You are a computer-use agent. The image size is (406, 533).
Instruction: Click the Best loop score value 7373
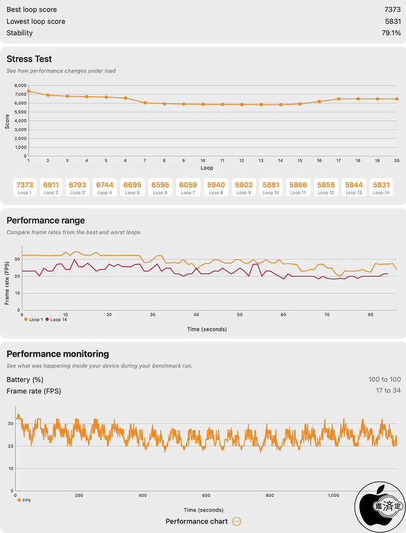(391, 10)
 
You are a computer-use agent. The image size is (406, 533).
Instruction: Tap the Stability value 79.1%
(391, 33)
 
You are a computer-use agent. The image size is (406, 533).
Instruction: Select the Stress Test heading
(29, 60)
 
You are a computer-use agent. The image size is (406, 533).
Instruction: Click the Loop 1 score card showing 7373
(25, 187)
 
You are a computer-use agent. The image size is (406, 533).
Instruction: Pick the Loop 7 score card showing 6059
(188, 187)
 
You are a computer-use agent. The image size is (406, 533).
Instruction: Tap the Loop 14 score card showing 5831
(381, 187)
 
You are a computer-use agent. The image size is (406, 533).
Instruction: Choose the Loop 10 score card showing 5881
(271, 187)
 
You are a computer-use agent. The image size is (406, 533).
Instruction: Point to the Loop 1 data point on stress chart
(29, 91)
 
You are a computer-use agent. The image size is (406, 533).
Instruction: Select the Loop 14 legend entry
(56, 319)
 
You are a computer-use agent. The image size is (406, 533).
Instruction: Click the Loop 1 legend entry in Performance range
(34, 319)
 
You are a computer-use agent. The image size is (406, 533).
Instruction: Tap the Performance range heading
(46, 221)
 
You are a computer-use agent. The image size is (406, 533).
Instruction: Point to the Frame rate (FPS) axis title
(8, 279)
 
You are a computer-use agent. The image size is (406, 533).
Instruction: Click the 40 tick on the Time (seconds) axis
(196, 314)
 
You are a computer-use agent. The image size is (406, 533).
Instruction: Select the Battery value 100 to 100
(384, 379)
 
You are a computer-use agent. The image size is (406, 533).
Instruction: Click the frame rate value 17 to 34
(388, 391)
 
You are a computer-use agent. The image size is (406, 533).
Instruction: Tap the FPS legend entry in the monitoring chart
(24, 500)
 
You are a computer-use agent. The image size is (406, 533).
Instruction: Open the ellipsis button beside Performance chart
(236, 522)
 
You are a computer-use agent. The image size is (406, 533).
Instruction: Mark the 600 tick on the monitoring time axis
(206, 496)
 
